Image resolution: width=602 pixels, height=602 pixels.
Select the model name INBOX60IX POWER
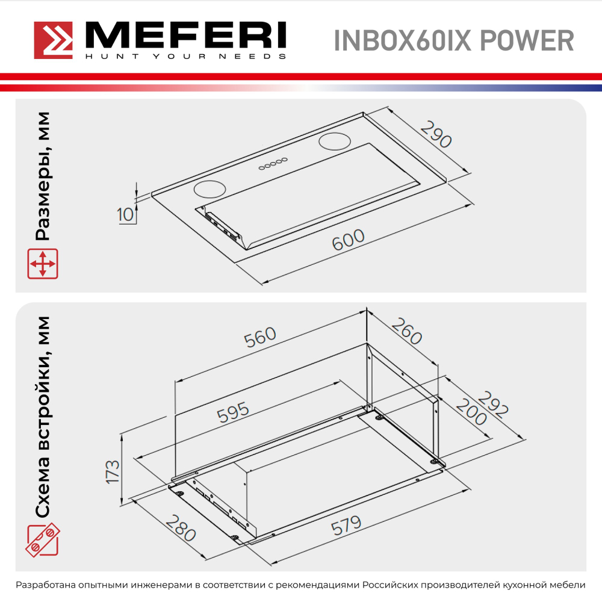click(453, 41)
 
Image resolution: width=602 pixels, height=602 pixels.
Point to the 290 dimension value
click(436, 135)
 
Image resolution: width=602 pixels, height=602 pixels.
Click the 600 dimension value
click(349, 240)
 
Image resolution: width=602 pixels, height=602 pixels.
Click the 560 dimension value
click(259, 338)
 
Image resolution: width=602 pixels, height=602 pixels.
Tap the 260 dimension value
click(407, 331)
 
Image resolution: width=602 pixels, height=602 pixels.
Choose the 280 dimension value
click(181, 528)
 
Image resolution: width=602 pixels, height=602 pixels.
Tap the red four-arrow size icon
click(43, 264)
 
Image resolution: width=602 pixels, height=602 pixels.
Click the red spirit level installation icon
click(43, 541)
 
